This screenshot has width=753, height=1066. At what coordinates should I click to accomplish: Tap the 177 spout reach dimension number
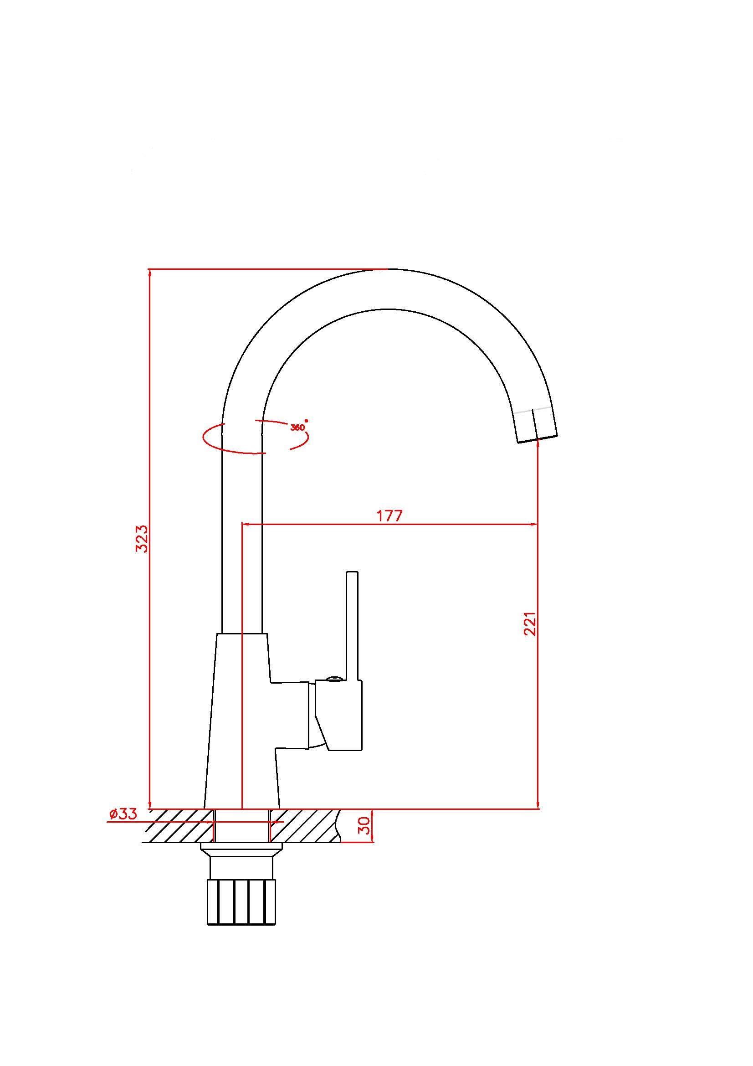pos(389,516)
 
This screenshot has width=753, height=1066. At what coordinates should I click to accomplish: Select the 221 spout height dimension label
pos(530,623)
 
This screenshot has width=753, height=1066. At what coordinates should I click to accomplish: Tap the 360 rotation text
pos(298,427)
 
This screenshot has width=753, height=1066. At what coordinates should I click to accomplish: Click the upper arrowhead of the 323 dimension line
pos(149,274)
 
